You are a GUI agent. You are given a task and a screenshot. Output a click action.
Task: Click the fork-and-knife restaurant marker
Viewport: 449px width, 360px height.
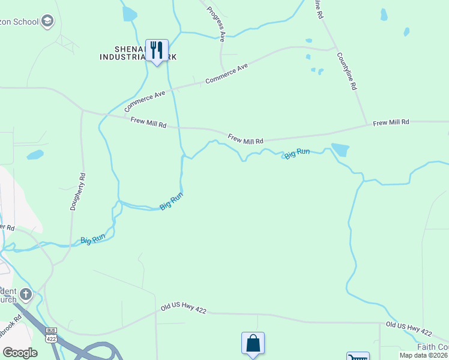coord(157,50)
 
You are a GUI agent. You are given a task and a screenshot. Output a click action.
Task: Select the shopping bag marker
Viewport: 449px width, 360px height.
coord(253,344)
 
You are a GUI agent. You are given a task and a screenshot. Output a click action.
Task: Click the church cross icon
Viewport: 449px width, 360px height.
coord(25,294)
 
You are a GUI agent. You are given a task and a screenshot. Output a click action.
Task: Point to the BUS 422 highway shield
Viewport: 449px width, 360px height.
coord(51,335)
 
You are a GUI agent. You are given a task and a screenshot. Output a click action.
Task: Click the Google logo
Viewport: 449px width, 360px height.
coord(20,352)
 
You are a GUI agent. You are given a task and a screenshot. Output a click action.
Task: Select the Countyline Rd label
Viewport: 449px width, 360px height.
coord(347,71)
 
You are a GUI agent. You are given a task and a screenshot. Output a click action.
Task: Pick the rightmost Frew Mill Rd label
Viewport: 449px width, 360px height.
coord(391,122)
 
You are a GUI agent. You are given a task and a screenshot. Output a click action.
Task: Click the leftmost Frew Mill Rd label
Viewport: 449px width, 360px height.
coord(148,122)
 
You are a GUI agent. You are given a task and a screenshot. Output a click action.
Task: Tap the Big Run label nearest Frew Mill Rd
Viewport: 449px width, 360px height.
coord(297,154)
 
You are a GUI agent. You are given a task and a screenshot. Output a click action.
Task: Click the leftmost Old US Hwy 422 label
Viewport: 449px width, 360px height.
coord(184,310)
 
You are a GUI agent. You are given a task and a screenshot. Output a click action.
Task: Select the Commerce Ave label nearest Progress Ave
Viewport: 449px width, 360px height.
coord(226,74)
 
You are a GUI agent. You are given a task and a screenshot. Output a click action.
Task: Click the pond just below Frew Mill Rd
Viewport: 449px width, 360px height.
coord(340,149)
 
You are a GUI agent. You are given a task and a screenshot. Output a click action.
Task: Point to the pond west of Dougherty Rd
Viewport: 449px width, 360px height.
coord(35,155)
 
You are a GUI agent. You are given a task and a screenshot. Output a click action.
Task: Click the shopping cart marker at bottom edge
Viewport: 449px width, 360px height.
coord(357,357)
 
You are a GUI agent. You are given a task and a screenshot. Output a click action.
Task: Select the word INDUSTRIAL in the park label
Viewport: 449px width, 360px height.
coord(124,57)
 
